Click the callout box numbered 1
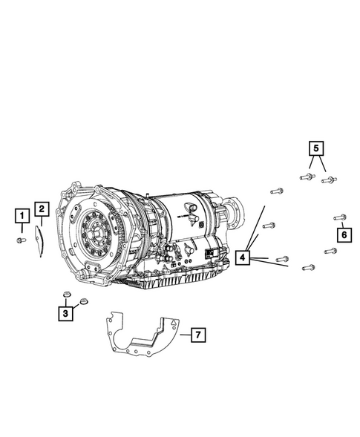tap(22, 215)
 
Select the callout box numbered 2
tap(42, 209)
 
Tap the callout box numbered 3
tap(65, 313)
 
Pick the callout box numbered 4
tap(243, 257)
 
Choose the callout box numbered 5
tap(316, 148)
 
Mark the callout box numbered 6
tap(344, 234)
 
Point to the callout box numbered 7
tap(198, 335)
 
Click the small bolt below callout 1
tap(22, 240)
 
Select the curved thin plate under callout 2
tap(39, 241)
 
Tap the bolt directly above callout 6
tap(340, 217)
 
